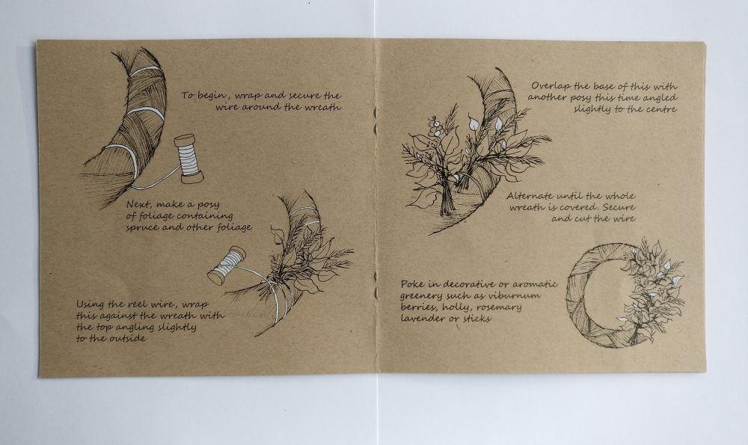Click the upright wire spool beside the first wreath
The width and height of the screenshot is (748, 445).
coord(188,159)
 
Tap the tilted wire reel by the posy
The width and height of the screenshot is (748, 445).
coord(227,266)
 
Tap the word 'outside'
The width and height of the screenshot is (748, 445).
coord(128,339)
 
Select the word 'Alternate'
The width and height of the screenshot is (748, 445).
coord(530,196)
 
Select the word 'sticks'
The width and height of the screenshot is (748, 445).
coord(476,319)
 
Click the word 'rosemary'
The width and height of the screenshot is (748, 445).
coord(499,308)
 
